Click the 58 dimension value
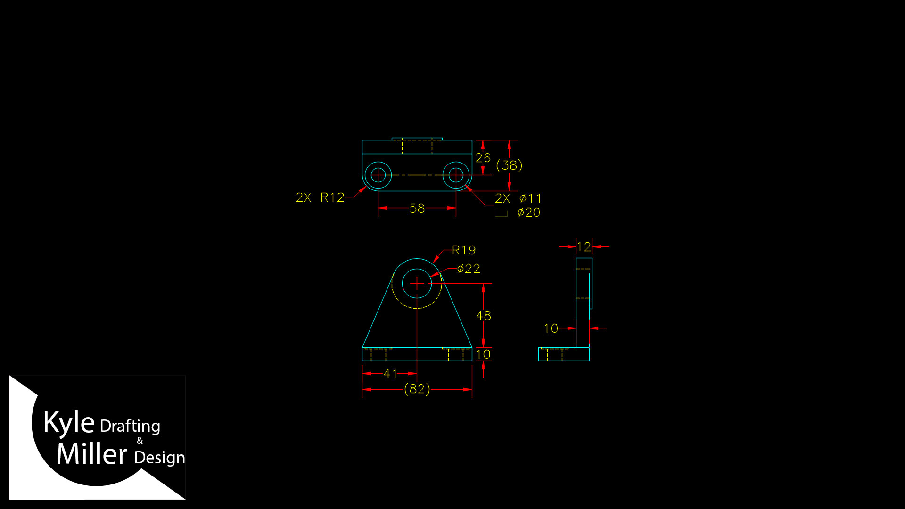click(x=417, y=208)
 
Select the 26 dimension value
click(x=483, y=158)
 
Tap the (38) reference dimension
click(x=510, y=165)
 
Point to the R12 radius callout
click(x=332, y=197)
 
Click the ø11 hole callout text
click(x=530, y=198)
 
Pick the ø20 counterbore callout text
click(x=529, y=213)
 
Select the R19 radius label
click(x=464, y=250)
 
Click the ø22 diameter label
click(x=469, y=269)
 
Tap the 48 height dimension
click(x=484, y=316)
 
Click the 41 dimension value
click(x=390, y=374)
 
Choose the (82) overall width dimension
click(x=417, y=389)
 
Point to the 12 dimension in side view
click(x=584, y=247)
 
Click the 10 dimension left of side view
click(x=551, y=328)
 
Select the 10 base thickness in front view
click(x=484, y=354)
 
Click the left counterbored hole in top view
click(x=378, y=175)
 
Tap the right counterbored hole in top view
click(x=456, y=175)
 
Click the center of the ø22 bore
click(x=417, y=284)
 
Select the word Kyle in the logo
click(x=69, y=423)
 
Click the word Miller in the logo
click(x=92, y=454)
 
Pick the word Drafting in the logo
click(x=130, y=427)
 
